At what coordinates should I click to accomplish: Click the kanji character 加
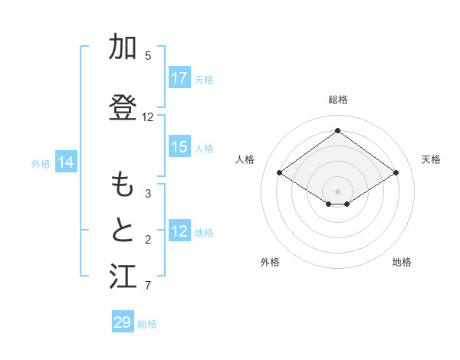pos(123,47)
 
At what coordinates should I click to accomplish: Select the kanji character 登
pos(123,108)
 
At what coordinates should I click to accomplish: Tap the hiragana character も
pos(123,185)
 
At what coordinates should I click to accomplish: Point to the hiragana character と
pos(123,231)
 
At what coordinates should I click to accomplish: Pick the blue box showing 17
pos(179,78)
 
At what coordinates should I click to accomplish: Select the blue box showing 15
pos(179,147)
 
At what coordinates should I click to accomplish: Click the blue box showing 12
pos(179,231)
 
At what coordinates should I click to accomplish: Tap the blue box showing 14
pos(66,162)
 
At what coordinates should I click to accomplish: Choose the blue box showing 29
pos(123,322)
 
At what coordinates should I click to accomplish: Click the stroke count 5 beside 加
pos(148,56)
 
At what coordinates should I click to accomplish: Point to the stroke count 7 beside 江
pos(148,286)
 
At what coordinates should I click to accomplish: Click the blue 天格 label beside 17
pos(204,79)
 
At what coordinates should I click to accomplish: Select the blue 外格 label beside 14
pos(41,163)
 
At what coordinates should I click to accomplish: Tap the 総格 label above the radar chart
pos(337,100)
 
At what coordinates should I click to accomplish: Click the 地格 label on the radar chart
pos(402,262)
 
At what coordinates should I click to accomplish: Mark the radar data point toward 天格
pos(396,173)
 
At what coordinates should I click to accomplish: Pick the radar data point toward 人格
pos(280,173)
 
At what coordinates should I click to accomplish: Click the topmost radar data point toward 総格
pos(337,130)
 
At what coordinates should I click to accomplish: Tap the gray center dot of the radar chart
pos(337,190)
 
